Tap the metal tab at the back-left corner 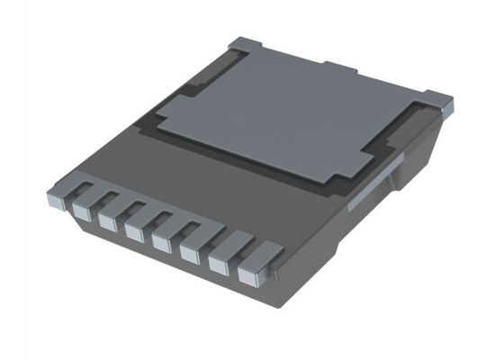(x=245, y=44)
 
